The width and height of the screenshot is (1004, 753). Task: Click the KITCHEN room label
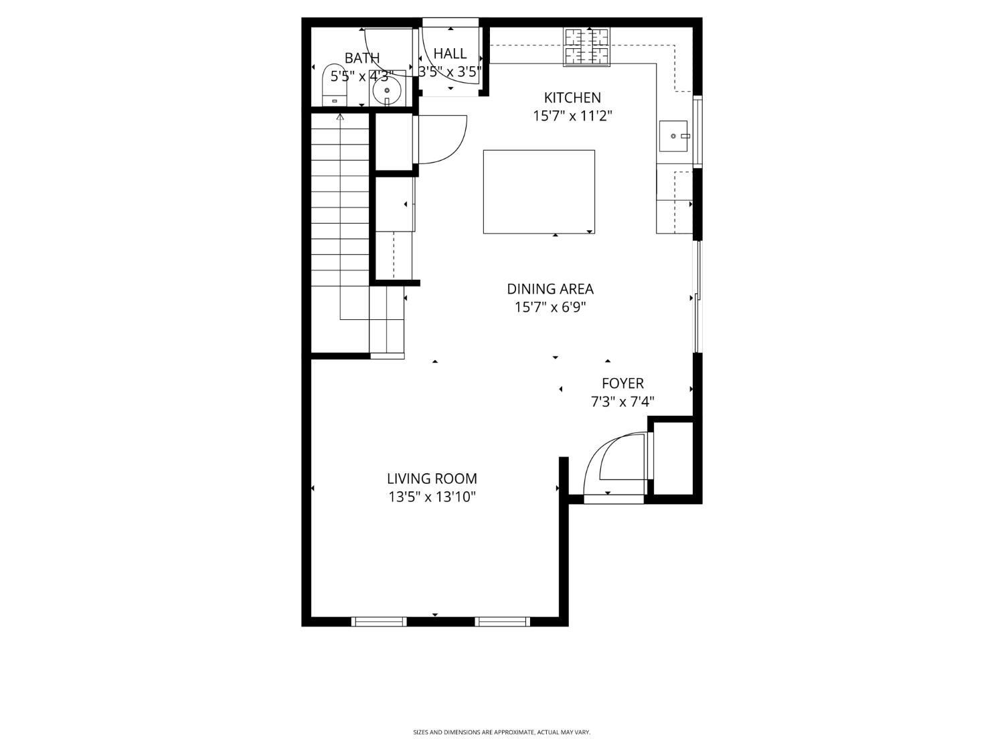(x=572, y=98)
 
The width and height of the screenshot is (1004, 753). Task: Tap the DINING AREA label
(x=550, y=289)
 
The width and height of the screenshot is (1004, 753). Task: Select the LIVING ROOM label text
(x=432, y=479)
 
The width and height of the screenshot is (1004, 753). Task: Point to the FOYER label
(x=622, y=384)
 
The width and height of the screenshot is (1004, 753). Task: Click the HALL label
(x=450, y=54)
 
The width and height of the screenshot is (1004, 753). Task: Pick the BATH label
(x=362, y=58)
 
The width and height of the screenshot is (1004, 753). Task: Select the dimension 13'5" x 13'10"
(x=432, y=497)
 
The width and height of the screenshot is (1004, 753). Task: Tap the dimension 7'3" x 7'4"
(x=622, y=402)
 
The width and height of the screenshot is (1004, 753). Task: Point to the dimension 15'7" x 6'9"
(x=550, y=308)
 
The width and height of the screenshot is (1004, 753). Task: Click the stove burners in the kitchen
(x=587, y=47)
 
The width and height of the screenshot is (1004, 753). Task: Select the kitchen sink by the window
(x=673, y=136)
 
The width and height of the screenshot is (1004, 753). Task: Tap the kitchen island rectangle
(x=539, y=192)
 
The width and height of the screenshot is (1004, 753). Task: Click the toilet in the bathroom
(x=335, y=85)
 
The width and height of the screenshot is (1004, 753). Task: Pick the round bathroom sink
(x=387, y=91)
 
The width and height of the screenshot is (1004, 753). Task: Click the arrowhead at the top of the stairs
(x=340, y=118)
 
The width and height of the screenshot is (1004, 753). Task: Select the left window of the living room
(x=379, y=622)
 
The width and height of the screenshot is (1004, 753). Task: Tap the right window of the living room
(x=502, y=622)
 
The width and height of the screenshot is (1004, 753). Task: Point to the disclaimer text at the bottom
(x=501, y=733)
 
